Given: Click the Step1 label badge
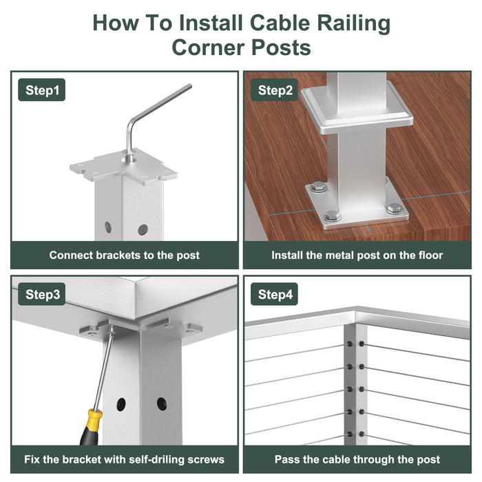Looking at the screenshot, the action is [x=42, y=90].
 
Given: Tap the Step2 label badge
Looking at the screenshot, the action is [x=275, y=90].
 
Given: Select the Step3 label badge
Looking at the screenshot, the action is [x=42, y=294].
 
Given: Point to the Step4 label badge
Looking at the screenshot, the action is [x=275, y=294].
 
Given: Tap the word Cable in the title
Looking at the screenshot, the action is [x=280, y=23].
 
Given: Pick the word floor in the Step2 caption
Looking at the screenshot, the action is [x=430, y=255].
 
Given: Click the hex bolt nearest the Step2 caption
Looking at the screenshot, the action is [x=333, y=216].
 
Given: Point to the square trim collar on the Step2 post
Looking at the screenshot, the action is [x=357, y=108].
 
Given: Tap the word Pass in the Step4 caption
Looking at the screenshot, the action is [x=287, y=459].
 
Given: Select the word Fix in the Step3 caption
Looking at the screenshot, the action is [x=32, y=459].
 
